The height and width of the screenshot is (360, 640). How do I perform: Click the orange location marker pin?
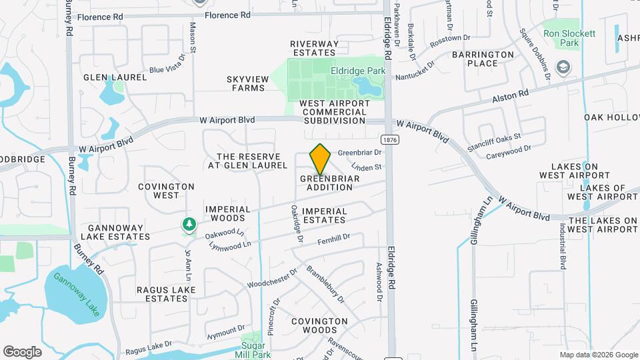click(321, 159)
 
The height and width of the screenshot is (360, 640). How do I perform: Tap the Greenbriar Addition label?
click(329, 183)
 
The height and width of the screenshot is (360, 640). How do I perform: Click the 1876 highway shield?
click(390, 140)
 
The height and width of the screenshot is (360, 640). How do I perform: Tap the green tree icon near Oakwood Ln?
click(189, 224)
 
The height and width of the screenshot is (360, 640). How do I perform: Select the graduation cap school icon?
click(564, 67)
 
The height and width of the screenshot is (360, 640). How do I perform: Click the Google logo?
click(22, 351)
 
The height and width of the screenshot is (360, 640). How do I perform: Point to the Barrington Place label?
click(483, 59)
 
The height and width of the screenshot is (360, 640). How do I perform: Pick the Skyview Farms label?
click(247, 83)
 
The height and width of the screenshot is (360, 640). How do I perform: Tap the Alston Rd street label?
click(510, 96)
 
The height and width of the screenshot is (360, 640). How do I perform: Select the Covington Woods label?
click(320, 325)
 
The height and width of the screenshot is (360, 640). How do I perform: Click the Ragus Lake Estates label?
click(165, 294)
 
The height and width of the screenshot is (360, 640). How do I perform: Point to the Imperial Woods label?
click(227, 213)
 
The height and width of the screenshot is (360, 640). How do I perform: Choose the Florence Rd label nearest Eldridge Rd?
click(227, 15)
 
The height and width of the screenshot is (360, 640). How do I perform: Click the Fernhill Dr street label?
click(333, 241)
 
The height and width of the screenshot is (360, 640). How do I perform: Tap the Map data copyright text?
click(598, 355)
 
